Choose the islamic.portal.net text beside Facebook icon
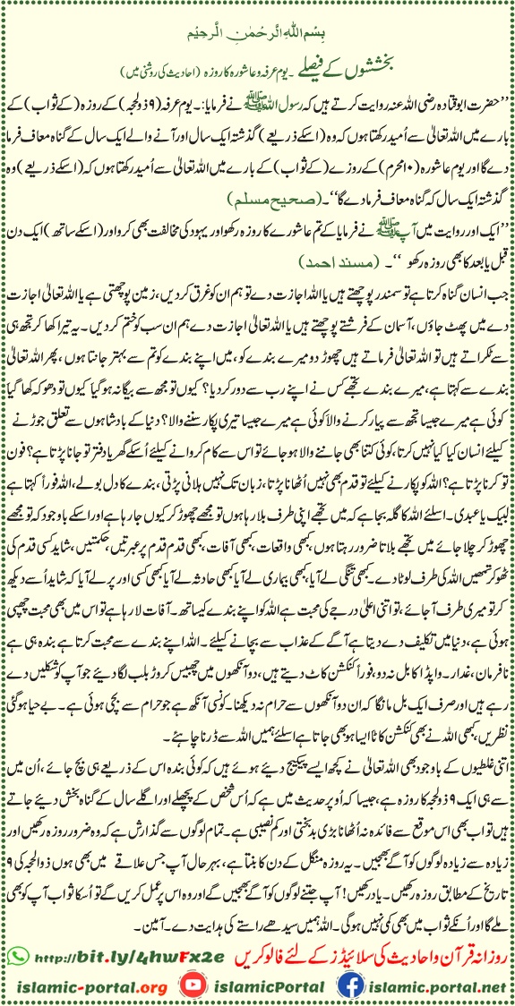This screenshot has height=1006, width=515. (431, 979)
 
